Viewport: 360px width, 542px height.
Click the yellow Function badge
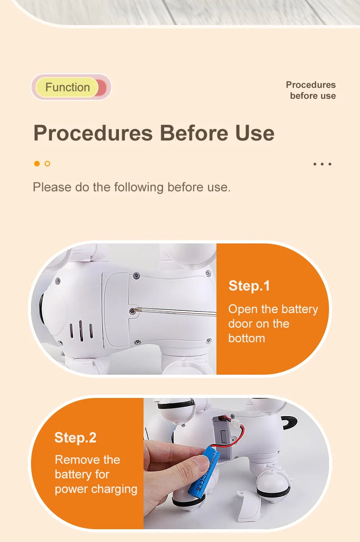point(68,87)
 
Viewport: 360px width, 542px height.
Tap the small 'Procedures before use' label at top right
point(311,90)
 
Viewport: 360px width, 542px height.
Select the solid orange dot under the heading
point(37,164)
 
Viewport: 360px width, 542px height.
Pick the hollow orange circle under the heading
point(47,164)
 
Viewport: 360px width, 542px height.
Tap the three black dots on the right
point(322,164)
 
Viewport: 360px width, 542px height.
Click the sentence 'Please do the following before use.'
point(132,187)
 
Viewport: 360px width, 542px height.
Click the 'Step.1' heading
point(249,286)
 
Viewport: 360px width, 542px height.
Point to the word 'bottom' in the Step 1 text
point(247,338)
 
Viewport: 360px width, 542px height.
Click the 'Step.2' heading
point(75,438)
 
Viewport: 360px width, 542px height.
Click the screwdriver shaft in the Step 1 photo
point(176,311)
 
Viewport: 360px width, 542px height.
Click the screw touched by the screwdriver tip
point(132,311)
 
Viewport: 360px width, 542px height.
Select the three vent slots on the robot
point(81,331)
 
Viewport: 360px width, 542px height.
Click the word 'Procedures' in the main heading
point(93,133)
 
